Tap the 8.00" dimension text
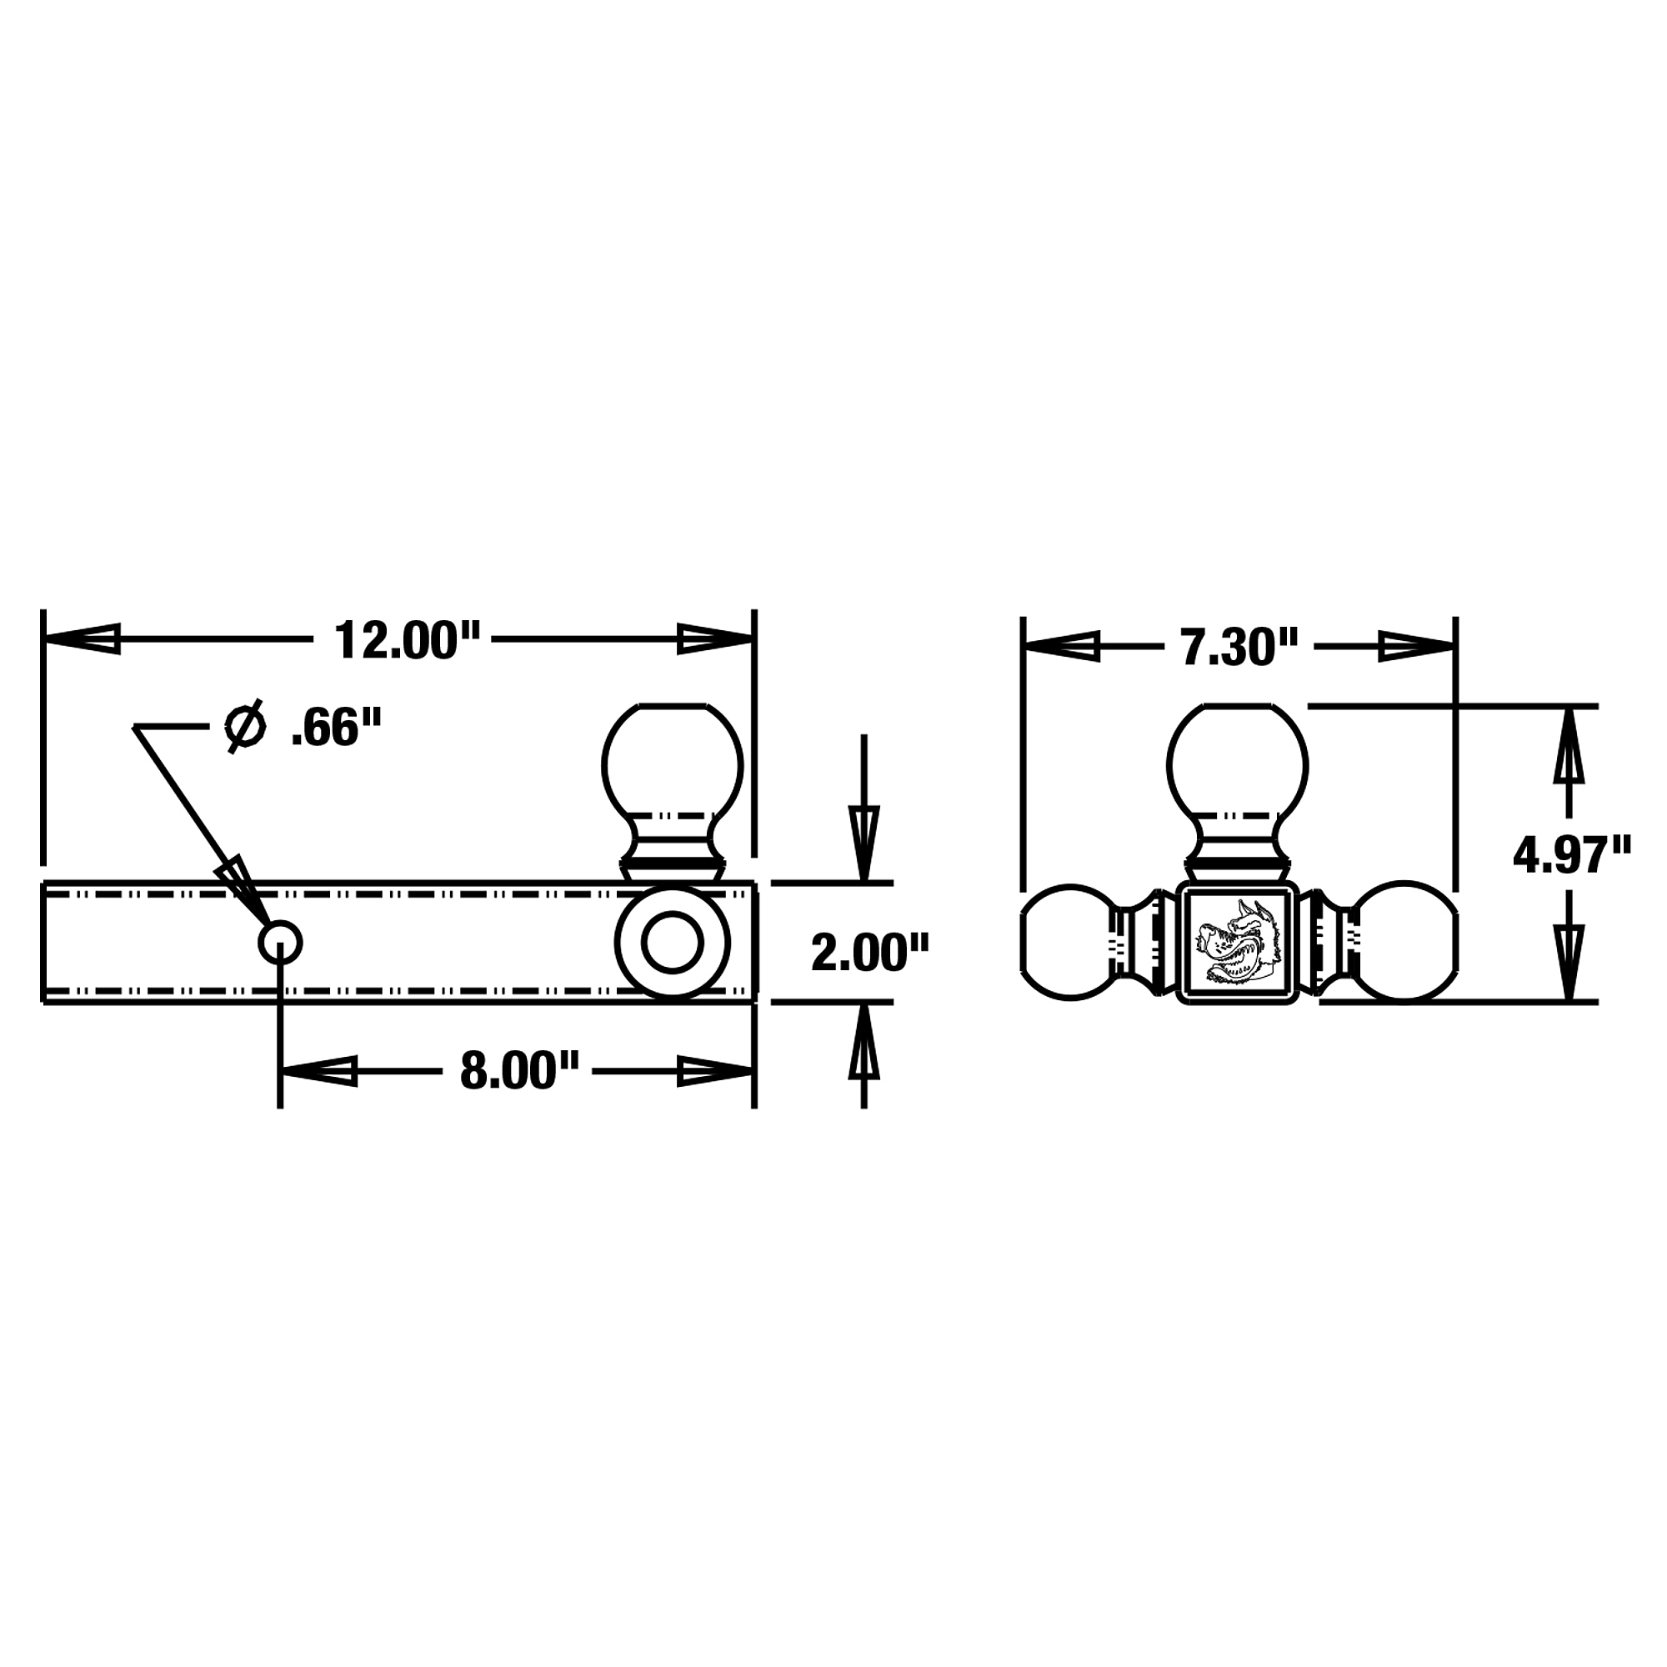tap(518, 1072)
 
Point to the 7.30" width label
tap(1240, 648)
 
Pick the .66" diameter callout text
tap(336, 728)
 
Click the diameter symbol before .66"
tap(243, 728)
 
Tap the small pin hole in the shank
tap(280, 942)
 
